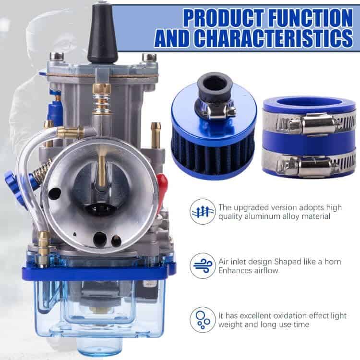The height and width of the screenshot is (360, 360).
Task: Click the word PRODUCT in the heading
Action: (224, 18)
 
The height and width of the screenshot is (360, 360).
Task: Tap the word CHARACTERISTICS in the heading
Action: (275, 38)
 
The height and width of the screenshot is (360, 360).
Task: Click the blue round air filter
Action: (213, 135)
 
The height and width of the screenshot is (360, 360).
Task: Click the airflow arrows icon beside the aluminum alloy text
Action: (203, 212)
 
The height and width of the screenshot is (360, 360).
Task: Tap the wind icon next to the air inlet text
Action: (203, 265)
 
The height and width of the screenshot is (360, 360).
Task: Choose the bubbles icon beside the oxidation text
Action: (203, 320)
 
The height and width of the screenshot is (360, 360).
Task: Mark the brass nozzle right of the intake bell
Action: (156, 135)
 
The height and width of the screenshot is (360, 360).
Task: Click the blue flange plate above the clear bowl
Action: (96, 273)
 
